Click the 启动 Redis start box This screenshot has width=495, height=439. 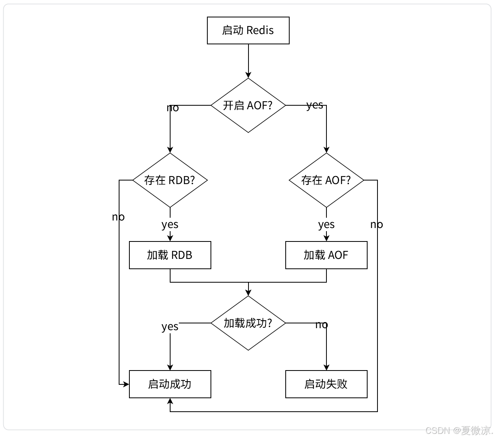pos(248,30)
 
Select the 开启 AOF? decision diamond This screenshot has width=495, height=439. pos(248,105)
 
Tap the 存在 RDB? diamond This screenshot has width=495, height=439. pos(170,180)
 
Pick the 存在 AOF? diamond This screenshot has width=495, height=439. pos(326,180)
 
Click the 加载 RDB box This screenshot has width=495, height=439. pos(170,255)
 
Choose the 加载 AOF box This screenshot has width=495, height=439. pos(326,255)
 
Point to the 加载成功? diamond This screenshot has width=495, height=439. pos(248,323)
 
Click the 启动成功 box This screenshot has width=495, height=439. pos(170,384)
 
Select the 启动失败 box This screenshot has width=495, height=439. pos(326,384)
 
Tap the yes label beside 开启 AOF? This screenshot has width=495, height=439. pos(315,105)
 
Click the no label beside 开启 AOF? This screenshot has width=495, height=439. pos(173,108)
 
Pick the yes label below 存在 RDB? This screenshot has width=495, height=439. pos(170,224)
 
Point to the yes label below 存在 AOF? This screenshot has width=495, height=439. pos(326,224)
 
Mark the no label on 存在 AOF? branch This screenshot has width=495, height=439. pos(377,224)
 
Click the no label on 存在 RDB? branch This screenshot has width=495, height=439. pos(118,217)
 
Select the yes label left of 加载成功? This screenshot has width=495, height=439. pos(170,327)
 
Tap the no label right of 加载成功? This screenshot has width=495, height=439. pos(322,325)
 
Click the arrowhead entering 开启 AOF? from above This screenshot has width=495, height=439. pos(248,75)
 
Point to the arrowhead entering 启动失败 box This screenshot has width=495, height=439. pos(326,367)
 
